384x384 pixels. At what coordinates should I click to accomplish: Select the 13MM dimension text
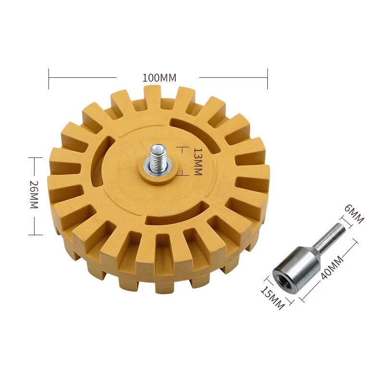coord(196,162)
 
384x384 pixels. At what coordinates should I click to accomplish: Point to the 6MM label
coord(355,214)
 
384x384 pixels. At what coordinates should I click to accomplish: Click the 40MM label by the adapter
coord(330,269)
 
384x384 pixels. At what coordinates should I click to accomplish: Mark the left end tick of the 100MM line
coord(49,78)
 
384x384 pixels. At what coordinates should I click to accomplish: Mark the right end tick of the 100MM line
coord(267,78)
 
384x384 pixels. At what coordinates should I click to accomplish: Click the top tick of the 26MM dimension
coord(32,157)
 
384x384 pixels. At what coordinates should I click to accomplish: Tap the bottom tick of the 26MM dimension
coord(32,234)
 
